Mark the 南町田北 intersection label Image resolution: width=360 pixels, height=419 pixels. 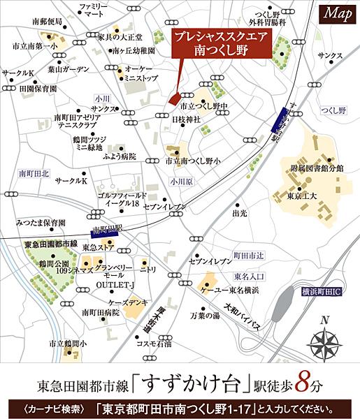click(x=34, y=172)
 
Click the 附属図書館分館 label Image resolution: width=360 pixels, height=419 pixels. click(x=317, y=168)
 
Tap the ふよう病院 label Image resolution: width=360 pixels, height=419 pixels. click(x=123, y=156)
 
